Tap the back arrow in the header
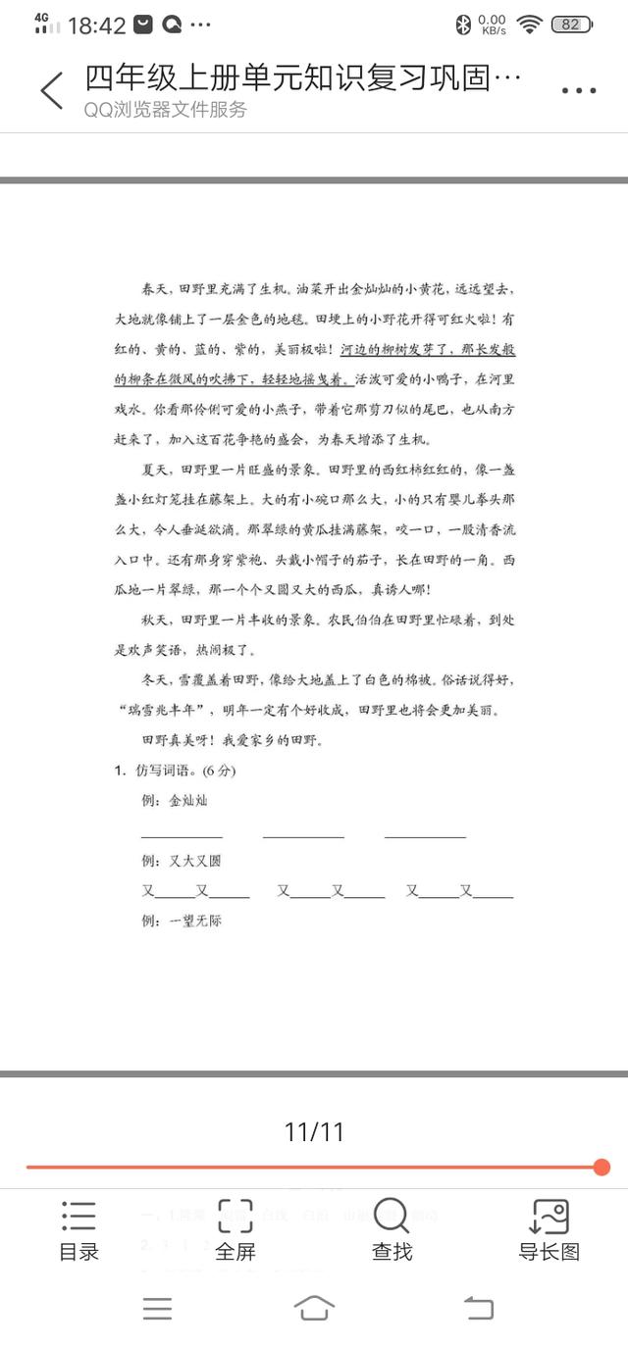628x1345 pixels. (52, 90)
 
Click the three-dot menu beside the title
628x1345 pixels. (579, 91)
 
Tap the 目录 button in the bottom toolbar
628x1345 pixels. (78, 1229)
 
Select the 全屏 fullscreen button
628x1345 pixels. (235, 1229)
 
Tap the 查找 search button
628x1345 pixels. (392, 1229)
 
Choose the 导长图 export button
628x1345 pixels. (549, 1229)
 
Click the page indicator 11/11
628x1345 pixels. (314, 1132)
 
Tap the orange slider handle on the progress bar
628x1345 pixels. (602, 1167)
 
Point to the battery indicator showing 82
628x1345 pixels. (570, 25)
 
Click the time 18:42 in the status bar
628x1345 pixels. (96, 25)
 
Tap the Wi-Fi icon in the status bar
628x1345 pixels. (530, 25)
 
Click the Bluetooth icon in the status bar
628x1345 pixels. (463, 25)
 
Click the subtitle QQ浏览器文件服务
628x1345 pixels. (165, 110)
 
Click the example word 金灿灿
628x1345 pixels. (188, 801)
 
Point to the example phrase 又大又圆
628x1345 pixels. (195, 861)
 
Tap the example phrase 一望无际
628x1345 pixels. (195, 921)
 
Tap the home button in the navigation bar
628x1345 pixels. (314, 1308)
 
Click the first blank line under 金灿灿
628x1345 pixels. (182, 833)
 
